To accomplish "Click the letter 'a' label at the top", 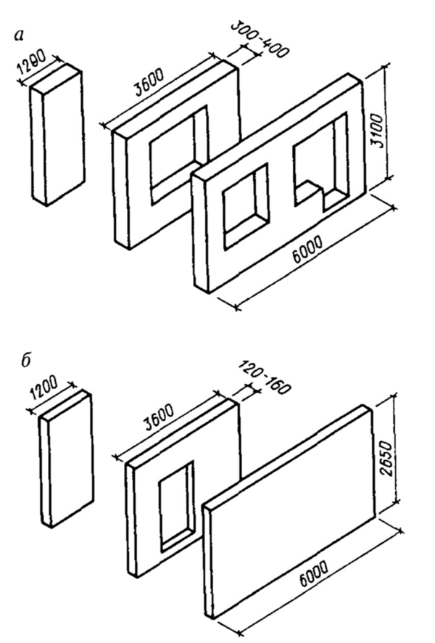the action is [19, 36].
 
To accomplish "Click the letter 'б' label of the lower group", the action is [26, 361].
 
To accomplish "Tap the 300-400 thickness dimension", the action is [260, 38].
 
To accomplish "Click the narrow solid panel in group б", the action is [66, 459].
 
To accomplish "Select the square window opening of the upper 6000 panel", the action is [245, 206].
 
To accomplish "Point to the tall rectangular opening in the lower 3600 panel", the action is [176, 507].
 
